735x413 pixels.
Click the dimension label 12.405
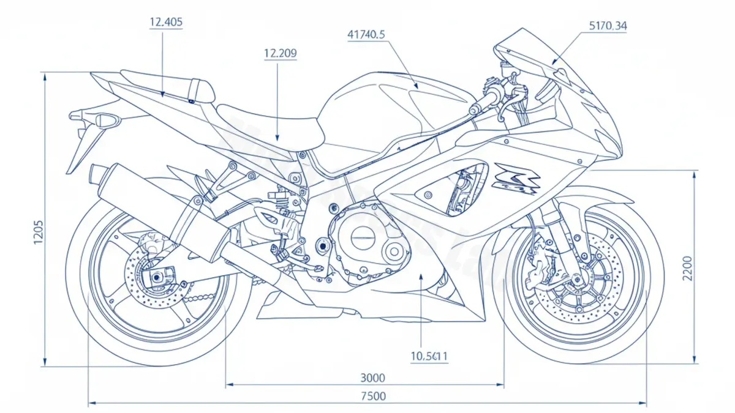165,22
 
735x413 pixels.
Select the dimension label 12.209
280,53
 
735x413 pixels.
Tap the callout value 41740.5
366,35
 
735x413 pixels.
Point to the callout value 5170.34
608,26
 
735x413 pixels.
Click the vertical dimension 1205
38,231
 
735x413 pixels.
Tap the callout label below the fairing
429,355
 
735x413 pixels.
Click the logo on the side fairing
517,178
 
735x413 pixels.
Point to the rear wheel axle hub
157,278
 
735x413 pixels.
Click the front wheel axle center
576,281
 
